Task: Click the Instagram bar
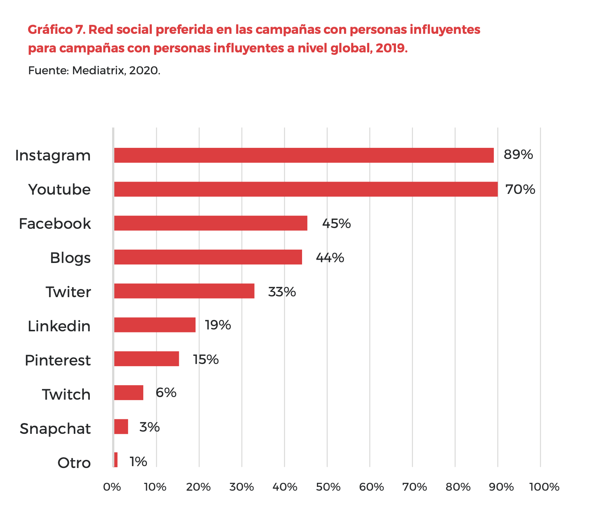[304, 155]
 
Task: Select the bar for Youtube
[305, 189]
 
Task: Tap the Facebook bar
[210, 223]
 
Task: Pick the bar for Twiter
[184, 291]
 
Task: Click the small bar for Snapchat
[121, 426]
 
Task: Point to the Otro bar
[116, 460]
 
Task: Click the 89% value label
[518, 155]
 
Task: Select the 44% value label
[330, 257]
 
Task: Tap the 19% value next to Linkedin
[218, 325]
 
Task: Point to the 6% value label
[166, 393]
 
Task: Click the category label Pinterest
[58, 360]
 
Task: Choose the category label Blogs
[71, 258]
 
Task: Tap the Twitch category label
[66, 394]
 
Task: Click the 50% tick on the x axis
[328, 487]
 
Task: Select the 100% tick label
[544, 487]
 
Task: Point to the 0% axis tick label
[112, 487]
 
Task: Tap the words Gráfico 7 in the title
[57, 29]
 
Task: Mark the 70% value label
[521, 189]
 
